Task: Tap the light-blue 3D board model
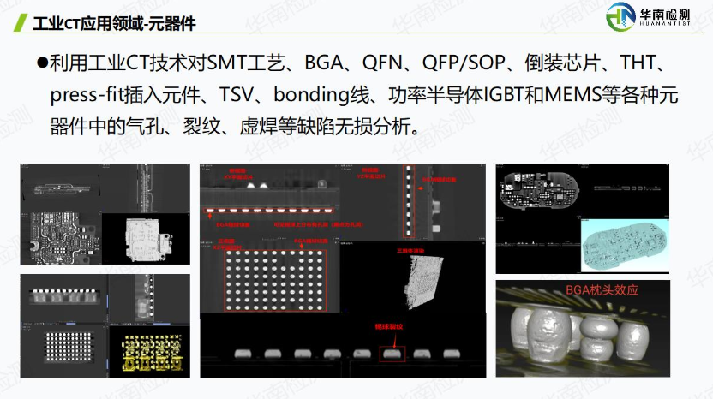[x=623, y=243]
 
